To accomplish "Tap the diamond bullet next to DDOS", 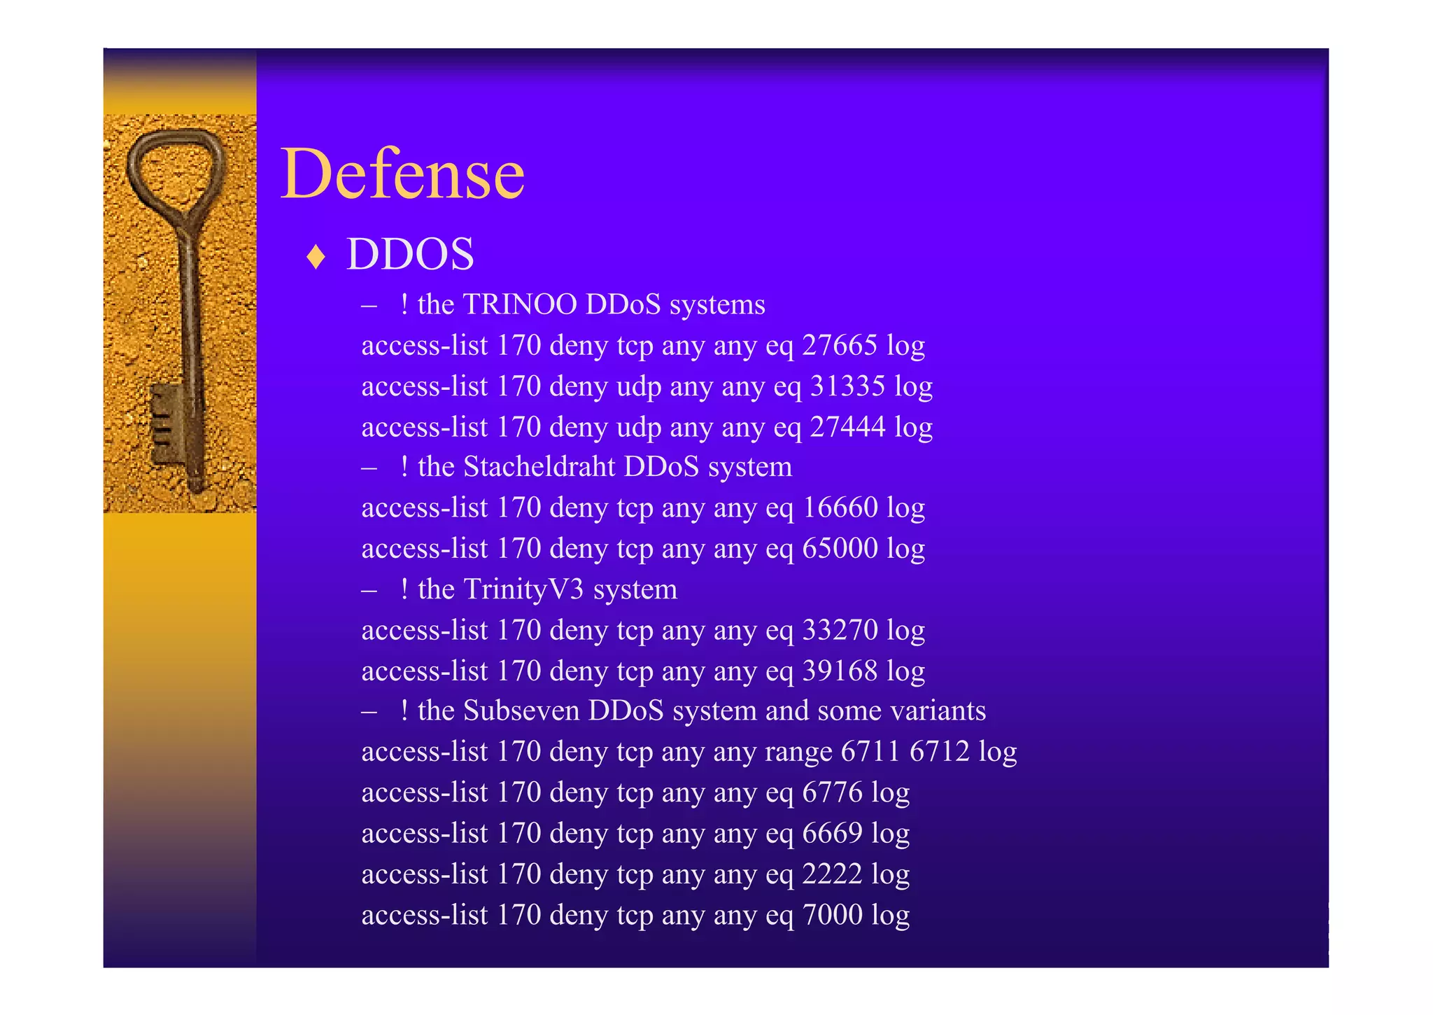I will (x=316, y=256).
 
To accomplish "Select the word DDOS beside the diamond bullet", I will (x=410, y=253).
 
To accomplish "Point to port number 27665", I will (x=839, y=345).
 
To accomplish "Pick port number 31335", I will (x=847, y=386).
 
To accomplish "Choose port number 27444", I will (x=847, y=426).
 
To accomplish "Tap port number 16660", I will (x=839, y=507).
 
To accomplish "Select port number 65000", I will (x=839, y=548).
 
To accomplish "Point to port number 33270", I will (x=839, y=630).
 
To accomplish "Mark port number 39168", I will (x=839, y=671).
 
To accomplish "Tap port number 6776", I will (x=832, y=792).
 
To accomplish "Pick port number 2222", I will (x=832, y=874).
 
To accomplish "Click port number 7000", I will (x=832, y=915).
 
